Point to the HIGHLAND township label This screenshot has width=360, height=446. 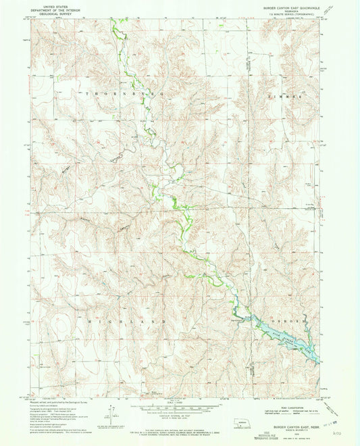[123, 320]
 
